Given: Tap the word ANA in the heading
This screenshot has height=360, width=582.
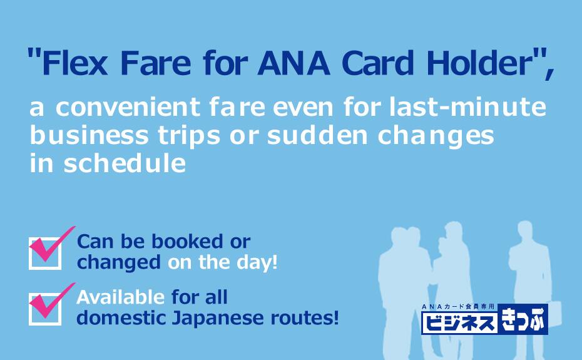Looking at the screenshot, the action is point(294,63).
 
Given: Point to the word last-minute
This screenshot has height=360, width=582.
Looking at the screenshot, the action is point(467,106).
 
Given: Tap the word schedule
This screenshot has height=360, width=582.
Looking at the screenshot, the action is point(125,163).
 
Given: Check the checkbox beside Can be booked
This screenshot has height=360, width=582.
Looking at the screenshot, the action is point(45,254).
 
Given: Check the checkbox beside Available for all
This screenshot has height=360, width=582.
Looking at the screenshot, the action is point(45,309).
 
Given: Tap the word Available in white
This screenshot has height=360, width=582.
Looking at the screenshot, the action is point(120,297).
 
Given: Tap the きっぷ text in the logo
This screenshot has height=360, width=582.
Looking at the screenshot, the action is point(523,319).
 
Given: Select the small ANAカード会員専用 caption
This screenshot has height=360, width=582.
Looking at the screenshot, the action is point(458,307).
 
